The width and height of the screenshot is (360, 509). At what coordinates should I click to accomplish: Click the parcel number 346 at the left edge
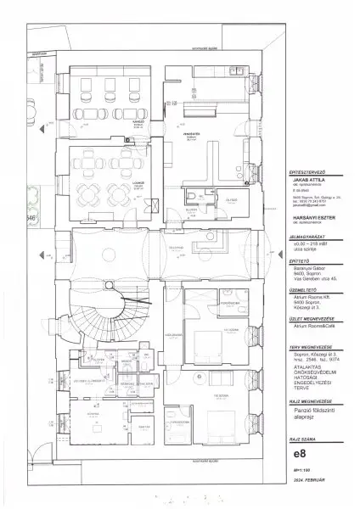32,218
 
